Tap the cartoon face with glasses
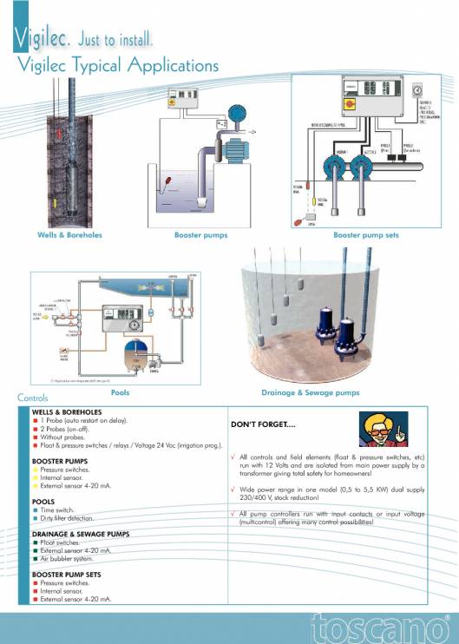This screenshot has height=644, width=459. click(x=380, y=428)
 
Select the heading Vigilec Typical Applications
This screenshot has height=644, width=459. click(x=117, y=65)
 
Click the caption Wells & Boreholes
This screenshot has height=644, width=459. click(x=69, y=234)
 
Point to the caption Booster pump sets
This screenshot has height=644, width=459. click(x=366, y=234)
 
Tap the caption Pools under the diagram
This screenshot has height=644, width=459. click(x=121, y=392)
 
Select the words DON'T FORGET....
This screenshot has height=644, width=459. click(x=265, y=425)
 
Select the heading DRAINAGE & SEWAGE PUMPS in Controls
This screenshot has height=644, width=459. click(x=81, y=534)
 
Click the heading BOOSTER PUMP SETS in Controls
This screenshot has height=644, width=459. click(x=67, y=575)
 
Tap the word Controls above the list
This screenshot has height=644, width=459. click(x=33, y=398)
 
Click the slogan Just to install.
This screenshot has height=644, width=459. click(x=115, y=39)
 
